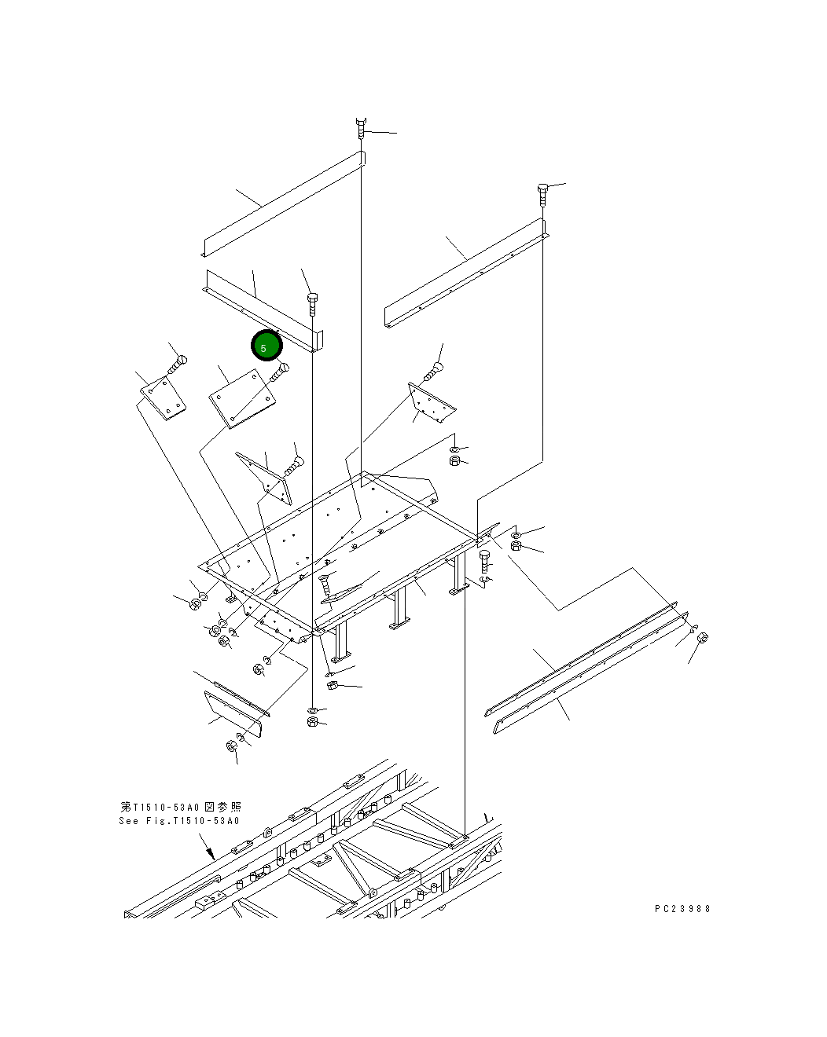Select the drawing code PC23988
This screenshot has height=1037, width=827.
click(682, 908)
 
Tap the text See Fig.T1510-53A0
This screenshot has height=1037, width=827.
click(178, 822)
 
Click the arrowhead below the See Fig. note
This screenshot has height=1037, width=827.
click(211, 854)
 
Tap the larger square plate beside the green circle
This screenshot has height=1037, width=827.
click(244, 399)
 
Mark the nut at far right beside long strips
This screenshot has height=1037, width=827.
click(703, 637)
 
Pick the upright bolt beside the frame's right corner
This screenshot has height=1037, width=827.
click(485, 562)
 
